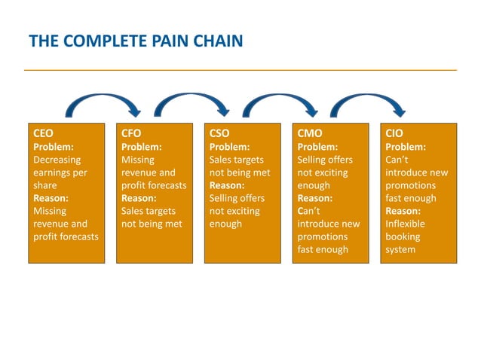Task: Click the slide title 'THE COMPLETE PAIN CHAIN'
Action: (x=136, y=40)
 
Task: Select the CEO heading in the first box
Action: (x=44, y=134)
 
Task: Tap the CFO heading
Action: (x=131, y=134)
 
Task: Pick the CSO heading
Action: (x=219, y=134)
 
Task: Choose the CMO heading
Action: (x=310, y=134)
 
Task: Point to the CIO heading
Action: (x=394, y=134)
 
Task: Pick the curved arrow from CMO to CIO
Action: (x=369, y=99)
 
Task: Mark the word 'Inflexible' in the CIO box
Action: (x=405, y=224)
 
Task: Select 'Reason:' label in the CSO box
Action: (x=226, y=185)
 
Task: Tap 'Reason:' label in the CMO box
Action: (x=314, y=198)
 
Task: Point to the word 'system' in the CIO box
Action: (x=400, y=249)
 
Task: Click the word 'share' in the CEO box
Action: (x=46, y=185)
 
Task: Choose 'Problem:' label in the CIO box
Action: (x=406, y=147)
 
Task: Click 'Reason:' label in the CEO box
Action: (x=50, y=198)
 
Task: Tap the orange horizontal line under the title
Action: (x=240, y=70)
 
